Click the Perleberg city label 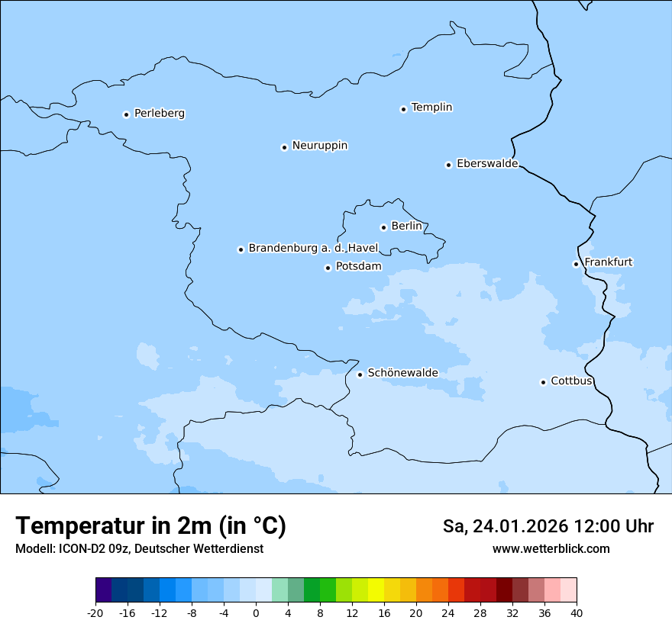click(x=159, y=114)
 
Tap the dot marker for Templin click(x=403, y=109)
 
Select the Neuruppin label click(x=319, y=146)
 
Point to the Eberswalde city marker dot click(x=448, y=165)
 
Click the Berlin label click(x=406, y=227)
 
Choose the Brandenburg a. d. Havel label click(x=313, y=249)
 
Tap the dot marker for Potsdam click(x=328, y=268)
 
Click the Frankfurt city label click(x=608, y=262)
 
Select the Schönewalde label click(x=402, y=373)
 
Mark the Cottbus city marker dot click(x=543, y=382)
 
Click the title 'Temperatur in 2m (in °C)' click(x=150, y=526)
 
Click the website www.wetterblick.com click(x=551, y=549)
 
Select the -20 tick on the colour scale click(x=95, y=612)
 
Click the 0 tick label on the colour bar click(x=256, y=612)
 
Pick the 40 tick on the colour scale click(x=577, y=612)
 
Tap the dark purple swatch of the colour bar click(x=103, y=590)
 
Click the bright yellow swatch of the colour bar click(x=376, y=590)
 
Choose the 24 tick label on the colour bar click(x=448, y=612)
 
